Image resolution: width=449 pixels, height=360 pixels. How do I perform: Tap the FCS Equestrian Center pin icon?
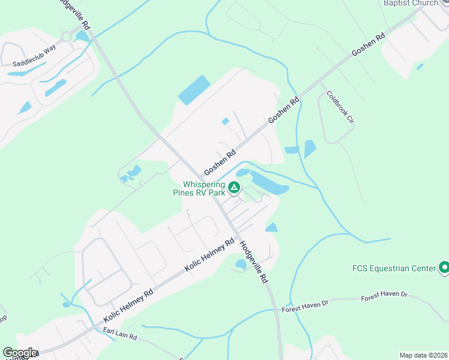pyautogui.click(x=444, y=267)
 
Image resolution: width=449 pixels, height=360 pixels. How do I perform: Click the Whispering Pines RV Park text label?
pyautogui.click(x=204, y=188)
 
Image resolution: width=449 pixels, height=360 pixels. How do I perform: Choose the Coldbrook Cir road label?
pyautogui.click(x=340, y=107)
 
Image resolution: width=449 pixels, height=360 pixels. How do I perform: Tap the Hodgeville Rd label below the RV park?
pyautogui.click(x=253, y=262)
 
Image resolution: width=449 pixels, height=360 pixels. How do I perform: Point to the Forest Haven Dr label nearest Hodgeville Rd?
pyautogui.click(x=305, y=305)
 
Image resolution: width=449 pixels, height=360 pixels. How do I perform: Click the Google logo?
pyautogui.click(x=20, y=353)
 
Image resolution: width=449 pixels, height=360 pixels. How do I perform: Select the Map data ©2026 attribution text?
pyautogui.click(x=423, y=355)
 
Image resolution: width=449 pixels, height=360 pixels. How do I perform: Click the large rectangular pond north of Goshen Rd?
pyautogui.click(x=194, y=90)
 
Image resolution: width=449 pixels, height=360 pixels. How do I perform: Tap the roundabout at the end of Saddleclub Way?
pyautogui.click(x=68, y=36)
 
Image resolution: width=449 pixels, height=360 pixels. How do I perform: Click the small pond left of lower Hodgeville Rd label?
pyautogui.click(x=241, y=264)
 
